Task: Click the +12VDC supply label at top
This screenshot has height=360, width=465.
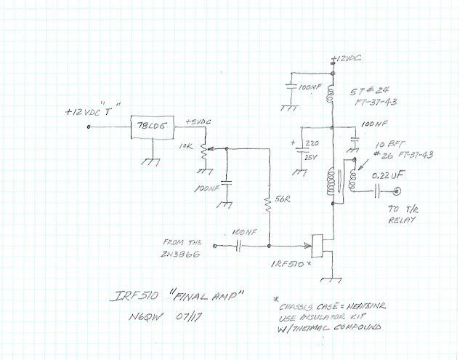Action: point(344,57)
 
